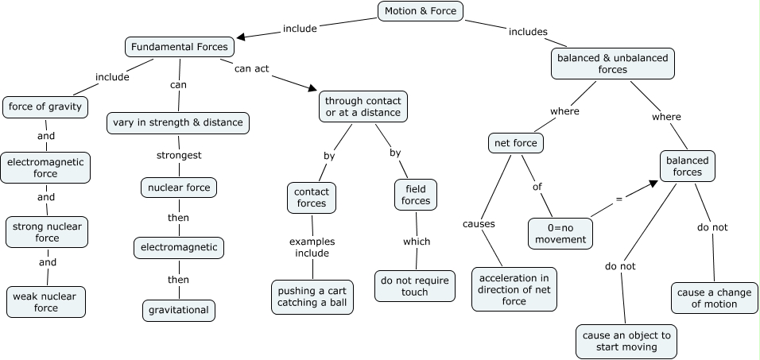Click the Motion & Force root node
point(419,11)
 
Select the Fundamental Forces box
point(180,47)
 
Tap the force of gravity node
point(45,106)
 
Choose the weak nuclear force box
point(46,302)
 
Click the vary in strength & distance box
point(178,123)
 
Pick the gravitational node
point(179,310)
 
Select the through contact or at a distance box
point(363,107)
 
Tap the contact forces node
point(311,197)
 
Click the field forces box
point(416,195)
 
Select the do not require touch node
point(414,286)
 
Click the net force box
point(515,143)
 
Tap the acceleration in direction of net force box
point(514,289)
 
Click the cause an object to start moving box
point(626,341)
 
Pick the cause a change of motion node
point(714,298)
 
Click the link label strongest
point(180,155)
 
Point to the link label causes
point(479,224)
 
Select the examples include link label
point(312,247)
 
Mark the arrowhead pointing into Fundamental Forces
point(241,36)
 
